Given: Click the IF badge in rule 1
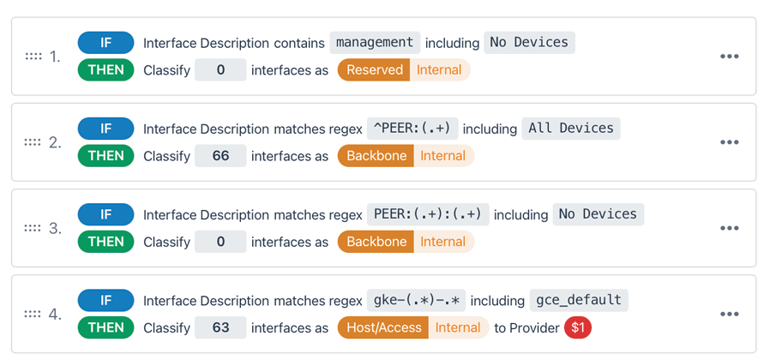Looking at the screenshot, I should pos(105,42).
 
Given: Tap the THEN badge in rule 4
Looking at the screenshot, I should pos(105,327).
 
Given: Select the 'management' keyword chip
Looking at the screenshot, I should pos(375,42).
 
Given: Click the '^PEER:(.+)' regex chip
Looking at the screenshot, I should pos(412,128).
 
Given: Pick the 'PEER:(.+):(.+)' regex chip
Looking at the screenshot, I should pos(428,213).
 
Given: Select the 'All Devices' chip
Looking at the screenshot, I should pos(571,128).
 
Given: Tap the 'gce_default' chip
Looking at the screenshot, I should pos(578,300).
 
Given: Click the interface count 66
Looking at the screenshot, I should pos(220,156).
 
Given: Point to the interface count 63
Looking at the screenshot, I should pos(220,327).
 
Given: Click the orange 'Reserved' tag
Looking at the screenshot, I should pos(375,70).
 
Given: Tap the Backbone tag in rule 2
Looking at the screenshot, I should pos(376,156).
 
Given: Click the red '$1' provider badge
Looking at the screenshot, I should pos(578,327).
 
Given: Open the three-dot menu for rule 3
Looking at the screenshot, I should pos(729,228).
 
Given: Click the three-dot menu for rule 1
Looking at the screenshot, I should pos(729,57).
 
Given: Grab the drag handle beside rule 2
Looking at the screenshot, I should pos(33,142).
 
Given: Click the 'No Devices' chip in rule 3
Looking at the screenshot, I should pos(598,213).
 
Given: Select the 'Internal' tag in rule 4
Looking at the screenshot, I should pos(458,327).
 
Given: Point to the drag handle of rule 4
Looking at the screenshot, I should pos(33,314).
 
